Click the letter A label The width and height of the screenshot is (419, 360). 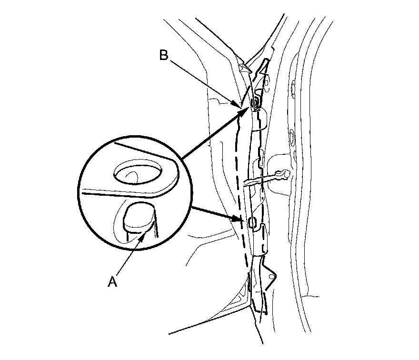112,282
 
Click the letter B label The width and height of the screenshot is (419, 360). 164,56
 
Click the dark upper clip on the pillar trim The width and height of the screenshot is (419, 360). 256,103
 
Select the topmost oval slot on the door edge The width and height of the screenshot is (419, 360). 292,89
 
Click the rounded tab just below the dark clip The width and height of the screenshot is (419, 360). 260,119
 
